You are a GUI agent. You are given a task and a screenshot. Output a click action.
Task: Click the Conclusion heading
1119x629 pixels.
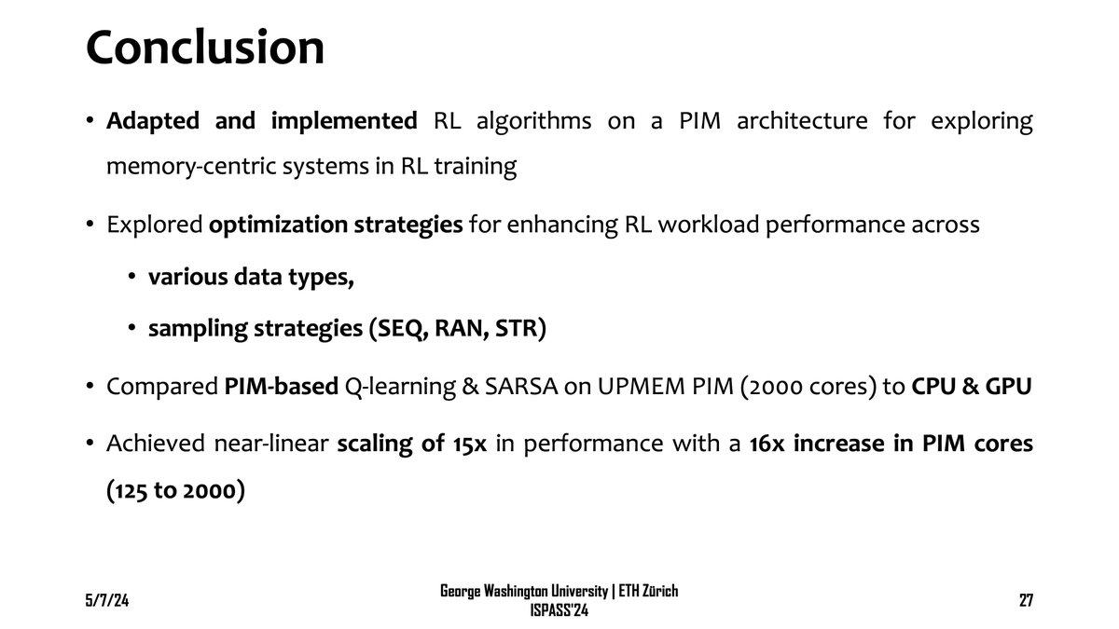205,48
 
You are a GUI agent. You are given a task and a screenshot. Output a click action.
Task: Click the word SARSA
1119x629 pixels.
511,387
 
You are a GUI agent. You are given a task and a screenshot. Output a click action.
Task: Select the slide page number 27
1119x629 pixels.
1025,601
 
